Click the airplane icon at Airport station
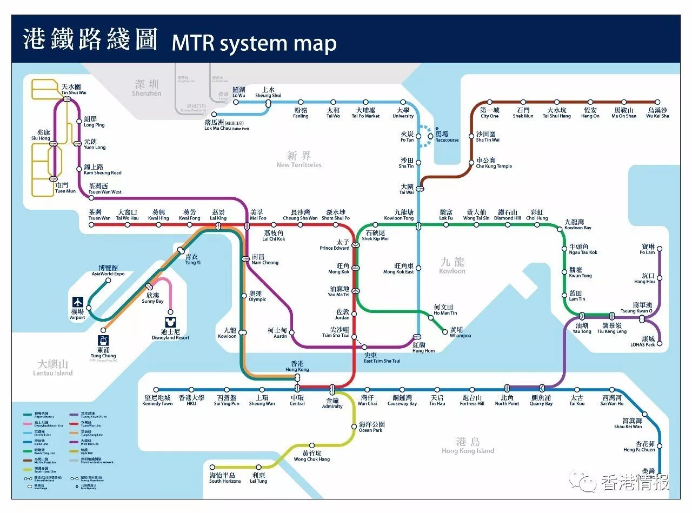click(x=78, y=302)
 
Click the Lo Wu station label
click(x=238, y=92)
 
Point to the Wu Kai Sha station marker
click(x=657, y=102)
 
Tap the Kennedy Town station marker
click(x=157, y=389)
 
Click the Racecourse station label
click(x=447, y=137)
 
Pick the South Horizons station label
click(x=225, y=478)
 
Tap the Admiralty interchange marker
click(x=332, y=389)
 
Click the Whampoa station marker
click(x=445, y=332)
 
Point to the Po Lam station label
click(x=647, y=249)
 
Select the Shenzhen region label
click(x=147, y=88)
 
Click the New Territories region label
click(x=298, y=160)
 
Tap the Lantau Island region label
click(x=52, y=368)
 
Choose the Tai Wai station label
click(x=406, y=189)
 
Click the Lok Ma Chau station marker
click(x=214, y=114)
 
